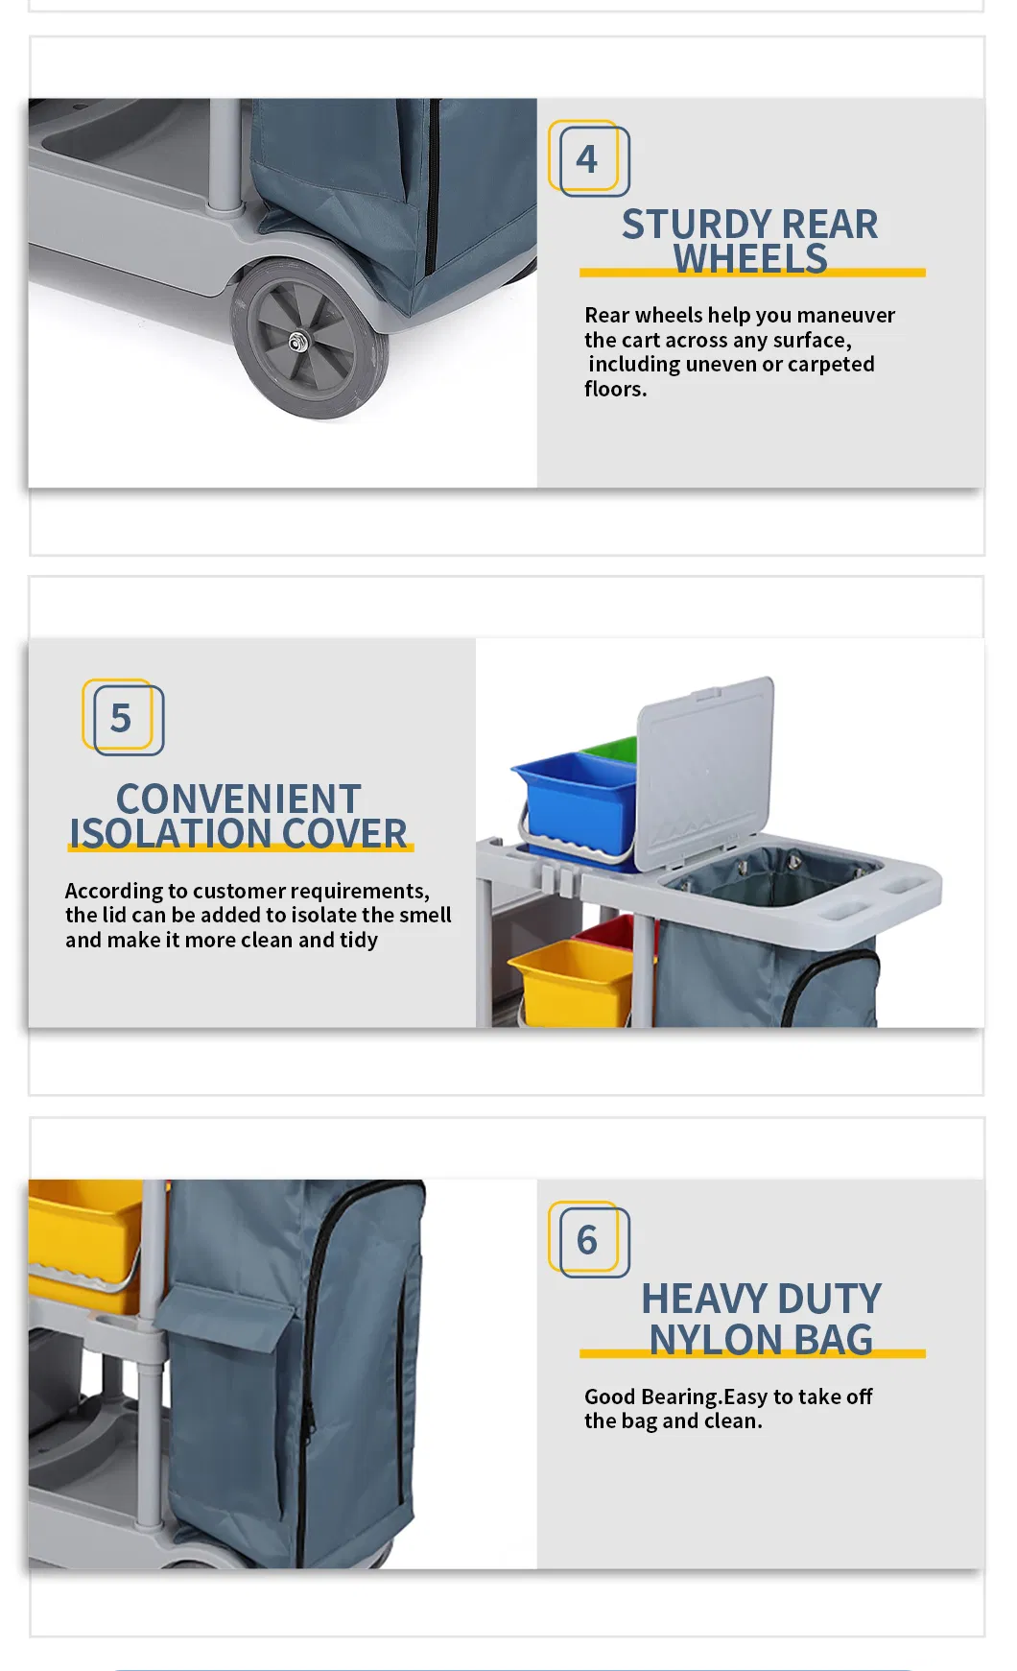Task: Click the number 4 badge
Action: pyautogui.click(x=588, y=159)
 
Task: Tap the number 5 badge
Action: pyautogui.click(x=122, y=718)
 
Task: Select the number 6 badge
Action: pyautogui.click(x=588, y=1240)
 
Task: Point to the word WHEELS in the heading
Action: pyautogui.click(x=750, y=259)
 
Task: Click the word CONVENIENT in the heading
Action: pyautogui.click(x=238, y=799)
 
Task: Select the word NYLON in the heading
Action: pyautogui.click(x=716, y=1340)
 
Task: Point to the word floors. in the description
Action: pyautogui.click(x=615, y=389)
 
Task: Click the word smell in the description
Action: pyautogui.click(x=423, y=915)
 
